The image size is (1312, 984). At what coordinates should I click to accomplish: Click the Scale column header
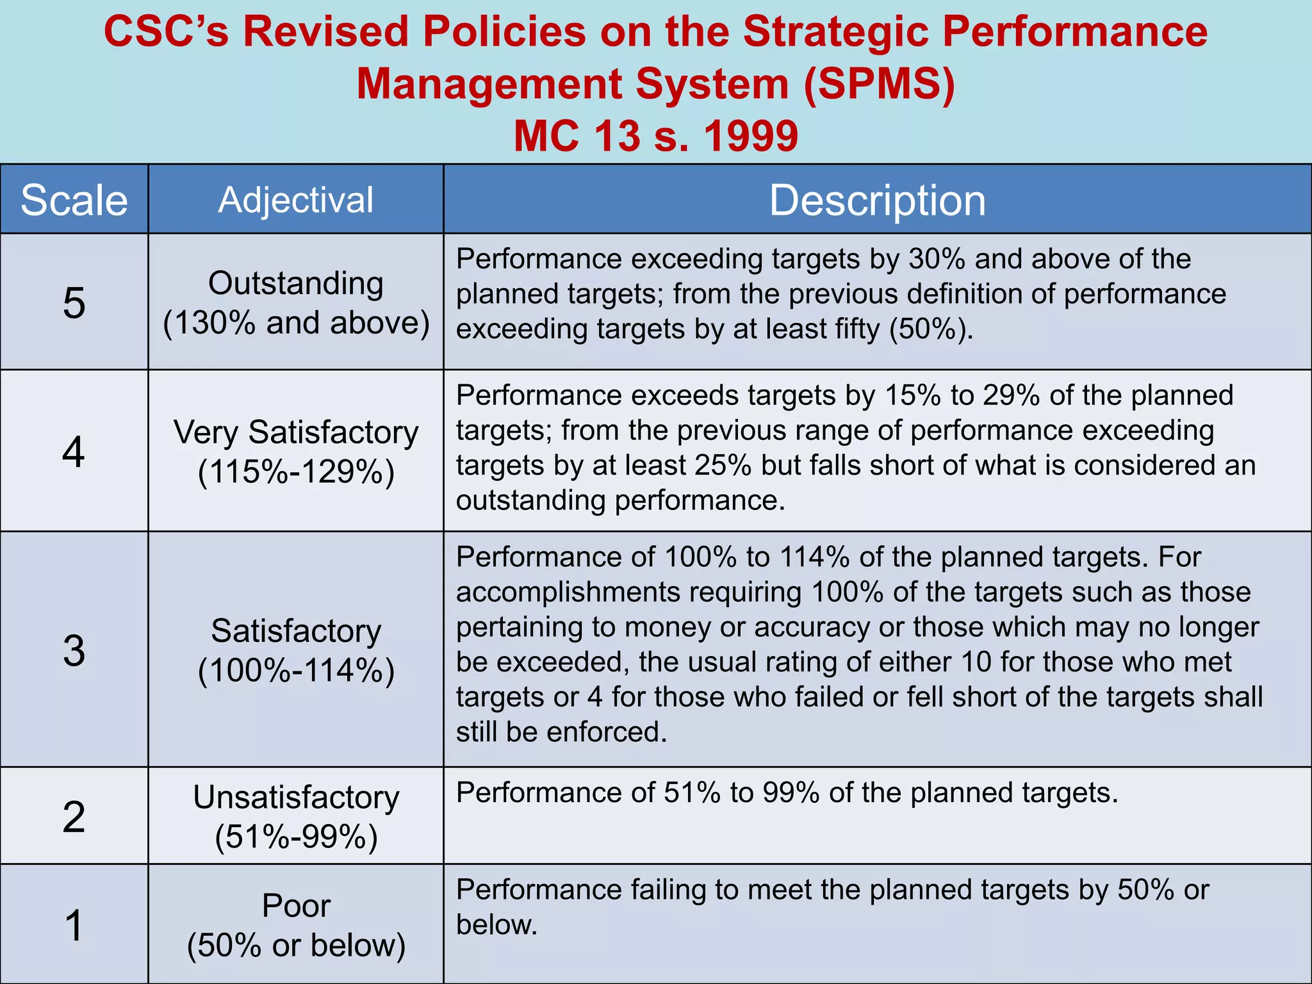coord(74,200)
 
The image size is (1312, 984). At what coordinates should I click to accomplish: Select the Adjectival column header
coord(295,200)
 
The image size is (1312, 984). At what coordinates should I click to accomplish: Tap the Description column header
coord(877,201)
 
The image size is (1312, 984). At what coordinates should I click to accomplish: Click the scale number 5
coord(74,302)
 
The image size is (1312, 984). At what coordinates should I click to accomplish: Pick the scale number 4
coord(74,452)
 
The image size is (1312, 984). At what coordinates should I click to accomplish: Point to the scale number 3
coord(74,650)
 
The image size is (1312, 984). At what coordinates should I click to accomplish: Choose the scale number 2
coord(74,817)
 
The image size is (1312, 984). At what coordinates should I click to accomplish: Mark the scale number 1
coord(74,925)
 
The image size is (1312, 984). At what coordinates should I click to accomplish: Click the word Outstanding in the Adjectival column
coord(296,283)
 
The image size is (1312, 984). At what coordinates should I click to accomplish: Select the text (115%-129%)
coord(296,472)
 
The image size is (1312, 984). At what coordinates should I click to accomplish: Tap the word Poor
coord(296,906)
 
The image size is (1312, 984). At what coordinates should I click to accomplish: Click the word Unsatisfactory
coord(296,798)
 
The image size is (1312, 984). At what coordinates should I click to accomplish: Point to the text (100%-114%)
coord(296,671)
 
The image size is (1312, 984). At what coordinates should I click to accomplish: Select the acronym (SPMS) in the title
coord(878,84)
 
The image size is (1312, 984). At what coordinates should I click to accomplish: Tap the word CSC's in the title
coord(166,31)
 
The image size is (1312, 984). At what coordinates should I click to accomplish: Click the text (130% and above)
coord(296,323)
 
